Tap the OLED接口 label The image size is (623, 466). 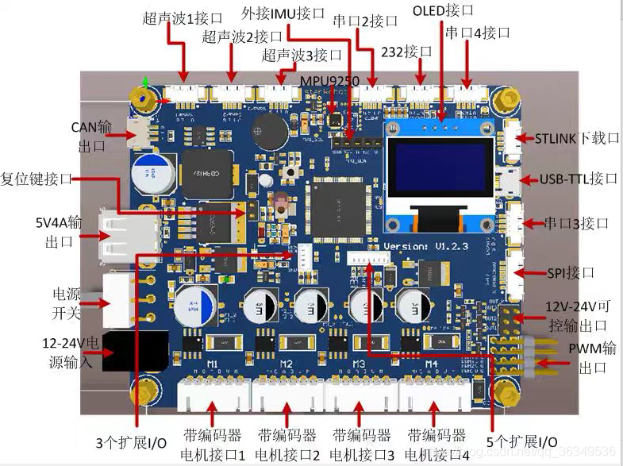443,11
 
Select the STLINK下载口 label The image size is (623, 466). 577,138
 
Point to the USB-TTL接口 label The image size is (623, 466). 579,179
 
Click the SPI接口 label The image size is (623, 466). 571,272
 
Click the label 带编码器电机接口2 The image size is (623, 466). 287,445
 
